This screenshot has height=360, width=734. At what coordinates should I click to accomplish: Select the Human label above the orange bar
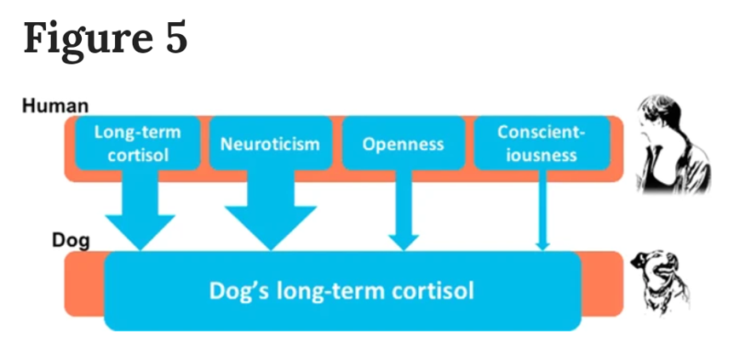click(x=55, y=106)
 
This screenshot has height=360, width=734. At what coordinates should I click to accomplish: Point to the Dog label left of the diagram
click(x=71, y=241)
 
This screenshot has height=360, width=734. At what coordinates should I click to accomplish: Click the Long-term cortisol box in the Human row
click(x=138, y=143)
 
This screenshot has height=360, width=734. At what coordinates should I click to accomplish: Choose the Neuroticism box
click(x=271, y=143)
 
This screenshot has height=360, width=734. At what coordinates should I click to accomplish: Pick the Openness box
click(x=404, y=143)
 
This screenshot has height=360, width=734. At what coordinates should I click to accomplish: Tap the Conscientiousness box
click(x=542, y=143)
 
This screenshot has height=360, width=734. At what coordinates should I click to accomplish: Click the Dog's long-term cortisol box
click(x=342, y=291)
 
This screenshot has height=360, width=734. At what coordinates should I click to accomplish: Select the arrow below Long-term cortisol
click(x=140, y=209)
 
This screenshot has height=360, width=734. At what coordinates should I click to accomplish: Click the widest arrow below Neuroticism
click(x=271, y=209)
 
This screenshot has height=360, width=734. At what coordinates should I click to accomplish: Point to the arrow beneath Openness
click(x=404, y=209)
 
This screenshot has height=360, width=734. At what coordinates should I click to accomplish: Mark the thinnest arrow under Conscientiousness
click(x=542, y=209)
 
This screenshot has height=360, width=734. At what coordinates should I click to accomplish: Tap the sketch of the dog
click(x=661, y=283)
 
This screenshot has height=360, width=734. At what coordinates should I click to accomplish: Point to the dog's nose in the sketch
click(x=636, y=262)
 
